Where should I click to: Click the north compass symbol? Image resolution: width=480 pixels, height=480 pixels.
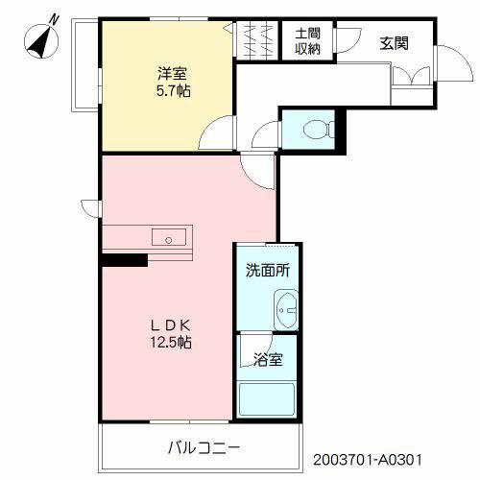tap(41, 40)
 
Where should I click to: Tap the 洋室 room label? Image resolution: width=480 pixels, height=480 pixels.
tap(172, 74)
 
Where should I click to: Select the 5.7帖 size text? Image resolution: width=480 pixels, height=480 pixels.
tap(173, 91)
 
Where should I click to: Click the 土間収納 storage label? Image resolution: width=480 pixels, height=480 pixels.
tap(307, 41)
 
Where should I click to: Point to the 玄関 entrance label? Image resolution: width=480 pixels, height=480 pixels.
tap(395, 43)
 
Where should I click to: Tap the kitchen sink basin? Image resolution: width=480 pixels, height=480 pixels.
tap(169, 237)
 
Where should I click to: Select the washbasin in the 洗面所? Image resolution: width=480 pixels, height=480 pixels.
tap(286, 310)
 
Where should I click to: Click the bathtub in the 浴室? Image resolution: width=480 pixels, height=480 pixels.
tap(267, 399)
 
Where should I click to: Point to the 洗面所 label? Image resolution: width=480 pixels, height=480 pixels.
tap(268, 271)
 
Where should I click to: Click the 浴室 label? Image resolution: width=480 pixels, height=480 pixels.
tap(268, 360)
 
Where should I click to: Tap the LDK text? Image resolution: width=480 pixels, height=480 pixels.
tap(171, 325)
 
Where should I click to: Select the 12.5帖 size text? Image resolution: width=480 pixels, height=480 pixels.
tap(171, 343)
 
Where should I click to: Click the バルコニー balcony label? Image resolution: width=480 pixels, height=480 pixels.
tap(204, 448)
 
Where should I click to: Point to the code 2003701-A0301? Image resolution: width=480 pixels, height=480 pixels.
tap(368, 460)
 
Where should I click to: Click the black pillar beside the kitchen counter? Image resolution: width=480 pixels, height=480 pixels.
tap(125, 260)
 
